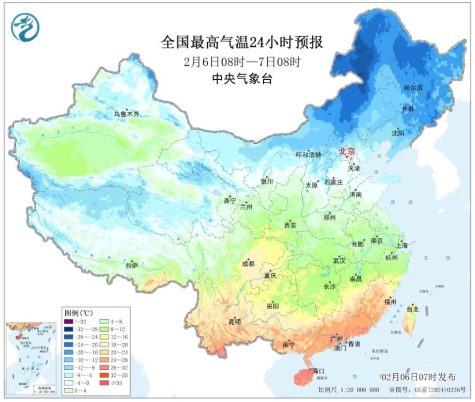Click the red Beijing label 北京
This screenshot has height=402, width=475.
(346, 152)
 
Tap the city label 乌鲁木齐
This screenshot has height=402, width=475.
(127, 114)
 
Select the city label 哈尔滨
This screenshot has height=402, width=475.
(414, 88)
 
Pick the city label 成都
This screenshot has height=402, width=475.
(249, 264)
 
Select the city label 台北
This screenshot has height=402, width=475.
(412, 309)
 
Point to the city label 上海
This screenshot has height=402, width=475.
(401, 245)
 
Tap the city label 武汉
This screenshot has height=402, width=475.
(339, 260)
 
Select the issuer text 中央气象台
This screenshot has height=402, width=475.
(242, 78)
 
